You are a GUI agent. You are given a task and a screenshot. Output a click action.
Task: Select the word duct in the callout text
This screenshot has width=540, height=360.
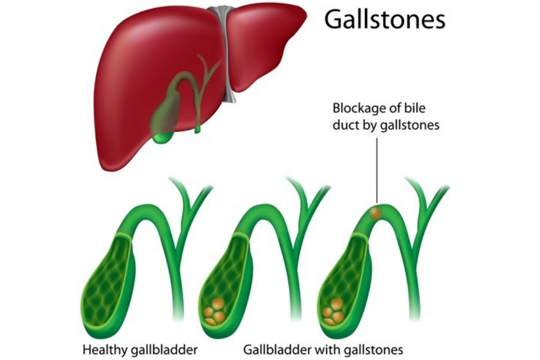point(345,126)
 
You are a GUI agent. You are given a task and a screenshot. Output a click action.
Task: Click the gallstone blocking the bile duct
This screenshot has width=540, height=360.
point(376,214)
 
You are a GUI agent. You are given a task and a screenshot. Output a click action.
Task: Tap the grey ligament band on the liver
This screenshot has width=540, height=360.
point(227,54)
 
